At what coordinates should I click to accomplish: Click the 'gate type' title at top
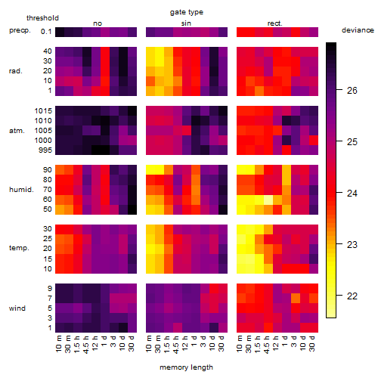point(187,12)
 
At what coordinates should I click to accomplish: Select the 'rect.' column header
point(274,23)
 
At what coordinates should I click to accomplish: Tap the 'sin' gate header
point(186,23)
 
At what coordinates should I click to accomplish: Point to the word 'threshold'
point(42,18)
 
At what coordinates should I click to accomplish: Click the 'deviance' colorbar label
point(358,30)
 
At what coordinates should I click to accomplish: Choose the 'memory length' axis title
point(186,367)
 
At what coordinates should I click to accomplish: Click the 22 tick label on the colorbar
point(352,296)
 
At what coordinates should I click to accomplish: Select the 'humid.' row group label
point(21,190)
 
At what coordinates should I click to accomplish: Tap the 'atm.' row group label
point(17,131)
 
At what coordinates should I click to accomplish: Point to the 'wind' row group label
point(17,308)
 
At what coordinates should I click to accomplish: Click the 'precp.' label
point(20,30)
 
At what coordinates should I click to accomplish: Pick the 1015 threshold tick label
point(43,111)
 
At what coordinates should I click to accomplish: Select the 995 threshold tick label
point(45,150)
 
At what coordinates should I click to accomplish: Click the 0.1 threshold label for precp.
point(46,32)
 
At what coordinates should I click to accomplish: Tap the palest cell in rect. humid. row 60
point(268,200)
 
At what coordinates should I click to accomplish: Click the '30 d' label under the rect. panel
point(312,343)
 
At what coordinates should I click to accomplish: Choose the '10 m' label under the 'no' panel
point(58,343)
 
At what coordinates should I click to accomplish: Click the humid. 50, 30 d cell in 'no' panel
point(132,209)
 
